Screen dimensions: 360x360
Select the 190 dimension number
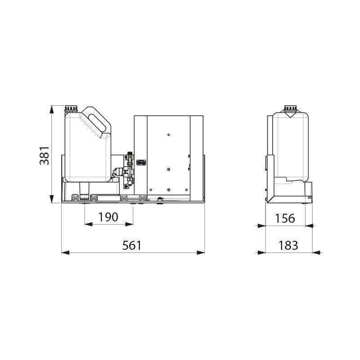[x=108, y=216]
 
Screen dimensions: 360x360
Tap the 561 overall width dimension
[x=132, y=245]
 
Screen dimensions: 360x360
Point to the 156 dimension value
[x=285, y=218]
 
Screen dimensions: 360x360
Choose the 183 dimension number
[x=288, y=245]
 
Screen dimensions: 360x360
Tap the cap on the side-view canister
[x=290, y=108]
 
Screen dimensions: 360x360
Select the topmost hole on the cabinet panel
[x=168, y=135]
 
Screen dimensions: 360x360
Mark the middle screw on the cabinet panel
[x=168, y=170]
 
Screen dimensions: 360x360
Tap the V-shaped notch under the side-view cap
[x=290, y=116]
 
